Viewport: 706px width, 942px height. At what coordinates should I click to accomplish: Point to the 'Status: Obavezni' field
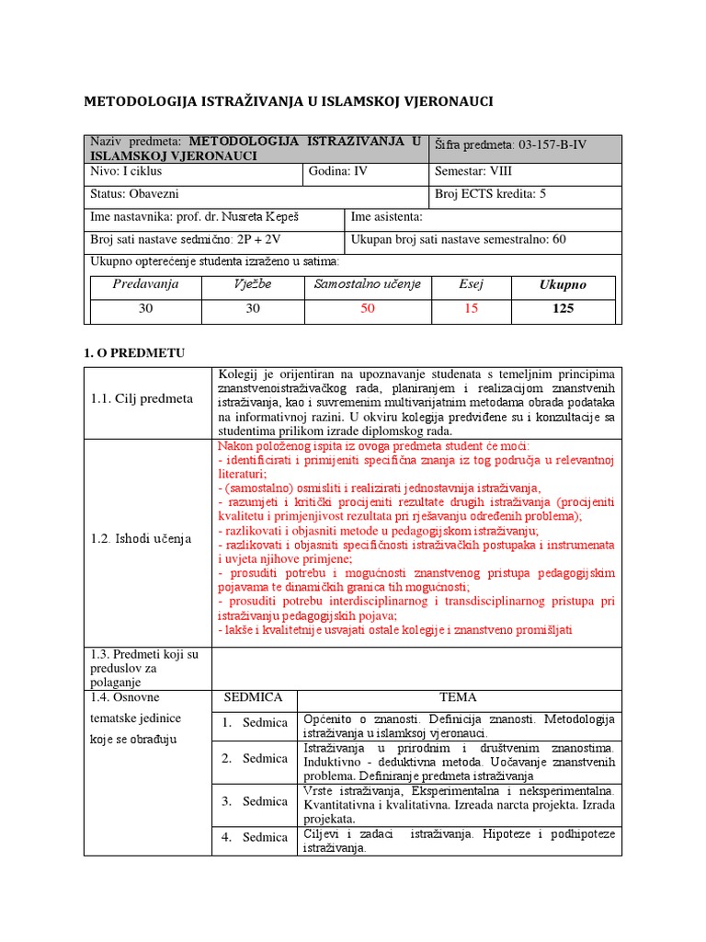click(x=134, y=194)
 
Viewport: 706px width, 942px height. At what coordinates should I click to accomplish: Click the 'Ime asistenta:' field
click(x=387, y=217)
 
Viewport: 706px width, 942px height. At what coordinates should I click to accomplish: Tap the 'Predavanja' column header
click(x=145, y=284)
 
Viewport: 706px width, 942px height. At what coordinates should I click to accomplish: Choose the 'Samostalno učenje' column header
click(x=368, y=284)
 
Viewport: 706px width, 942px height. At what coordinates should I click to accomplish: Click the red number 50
click(x=368, y=309)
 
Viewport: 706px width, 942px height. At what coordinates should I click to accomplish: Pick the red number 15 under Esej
click(x=471, y=309)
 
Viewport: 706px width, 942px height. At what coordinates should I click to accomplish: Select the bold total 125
click(x=563, y=309)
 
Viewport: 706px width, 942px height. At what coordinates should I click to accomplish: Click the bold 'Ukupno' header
click(x=563, y=285)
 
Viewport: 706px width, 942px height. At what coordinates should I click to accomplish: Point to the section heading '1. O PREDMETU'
click(x=134, y=351)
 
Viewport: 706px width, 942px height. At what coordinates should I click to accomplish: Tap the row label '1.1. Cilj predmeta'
click(x=142, y=398)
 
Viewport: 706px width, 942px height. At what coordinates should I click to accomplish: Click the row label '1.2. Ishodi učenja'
click(x=142, y=538)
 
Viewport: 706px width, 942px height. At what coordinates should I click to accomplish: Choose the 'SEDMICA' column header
click(x=253, y=697)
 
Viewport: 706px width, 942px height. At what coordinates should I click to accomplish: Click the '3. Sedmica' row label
click(x=254, y=801)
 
